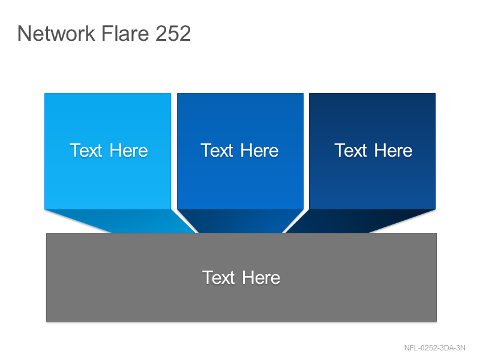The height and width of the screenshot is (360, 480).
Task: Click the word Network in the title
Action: (x=56, y=33)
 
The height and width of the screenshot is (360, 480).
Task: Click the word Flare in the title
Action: (x=125, y=33)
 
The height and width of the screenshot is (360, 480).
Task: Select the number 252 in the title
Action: (x=173, y=33)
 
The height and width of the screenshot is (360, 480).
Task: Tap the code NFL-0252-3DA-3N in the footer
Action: (x=434, y=348)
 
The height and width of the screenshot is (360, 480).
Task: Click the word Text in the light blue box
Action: (x=86, y=151)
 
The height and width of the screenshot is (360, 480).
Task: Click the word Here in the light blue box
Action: (x=129, y=151)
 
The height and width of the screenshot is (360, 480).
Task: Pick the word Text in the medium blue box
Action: (x=217, y=151)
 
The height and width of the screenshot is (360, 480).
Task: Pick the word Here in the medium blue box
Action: (x=260, y=151)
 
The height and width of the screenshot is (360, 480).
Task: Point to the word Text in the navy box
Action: (x=350, y=151)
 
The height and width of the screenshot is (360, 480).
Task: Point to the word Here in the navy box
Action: (x=394, y=151)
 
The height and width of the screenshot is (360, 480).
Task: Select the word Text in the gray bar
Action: (x=218, y=278)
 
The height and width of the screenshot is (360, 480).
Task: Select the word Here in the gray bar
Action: (x=261, y=278)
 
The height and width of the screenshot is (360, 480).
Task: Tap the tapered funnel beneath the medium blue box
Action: (x=241, y=221)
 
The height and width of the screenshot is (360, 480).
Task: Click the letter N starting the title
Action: (x=24, y=33)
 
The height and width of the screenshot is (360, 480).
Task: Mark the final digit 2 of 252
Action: (x=185, y=33)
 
